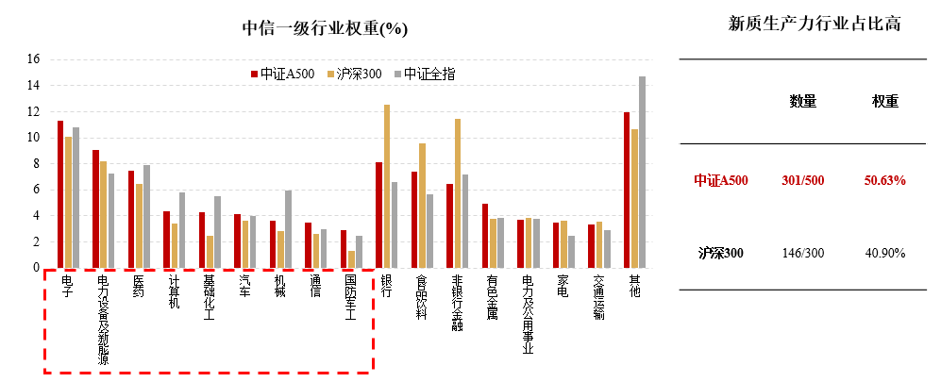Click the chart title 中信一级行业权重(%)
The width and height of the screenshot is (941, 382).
[325, 28]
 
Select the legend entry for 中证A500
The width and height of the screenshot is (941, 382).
[282, 74]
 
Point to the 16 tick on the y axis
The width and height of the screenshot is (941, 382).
[33, 58]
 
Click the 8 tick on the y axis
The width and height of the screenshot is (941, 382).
[36, 163]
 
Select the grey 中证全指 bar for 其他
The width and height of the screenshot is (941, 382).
[642, 172]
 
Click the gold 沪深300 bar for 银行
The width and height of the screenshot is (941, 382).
[387, 186]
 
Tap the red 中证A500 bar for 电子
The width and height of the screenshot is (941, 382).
[60, 194]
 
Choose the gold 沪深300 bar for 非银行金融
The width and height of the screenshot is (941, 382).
[458, 193]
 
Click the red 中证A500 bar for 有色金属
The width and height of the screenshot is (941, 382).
[485, 236]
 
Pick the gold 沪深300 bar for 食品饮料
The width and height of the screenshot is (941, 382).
[422, 206]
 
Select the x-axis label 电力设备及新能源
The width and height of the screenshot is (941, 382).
[103, 319]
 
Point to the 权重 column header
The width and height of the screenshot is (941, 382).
[884, 101]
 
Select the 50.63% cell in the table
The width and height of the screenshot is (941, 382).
[883, 180]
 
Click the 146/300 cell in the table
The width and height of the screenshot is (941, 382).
[803, 253]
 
